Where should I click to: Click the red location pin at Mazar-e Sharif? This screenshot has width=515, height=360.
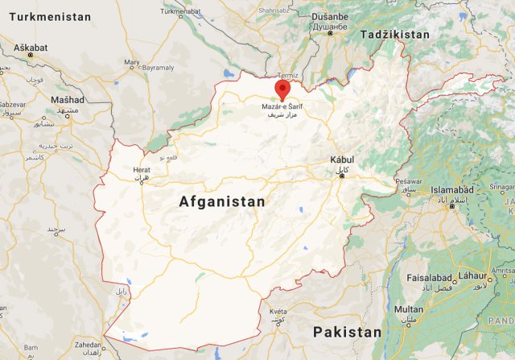tap(282, 89)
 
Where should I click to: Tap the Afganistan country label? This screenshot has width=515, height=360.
tap(221, 202)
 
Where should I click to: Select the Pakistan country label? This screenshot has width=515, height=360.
tap(347, 332)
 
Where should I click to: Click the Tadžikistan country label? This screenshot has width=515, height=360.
tap(395, 35)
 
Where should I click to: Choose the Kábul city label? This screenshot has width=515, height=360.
tap(342, 160)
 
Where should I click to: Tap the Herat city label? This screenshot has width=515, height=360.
tap(142, 170)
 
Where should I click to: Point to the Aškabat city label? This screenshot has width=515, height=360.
tap(30, 48)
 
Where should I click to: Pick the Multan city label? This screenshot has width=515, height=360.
tap(409, 308)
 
